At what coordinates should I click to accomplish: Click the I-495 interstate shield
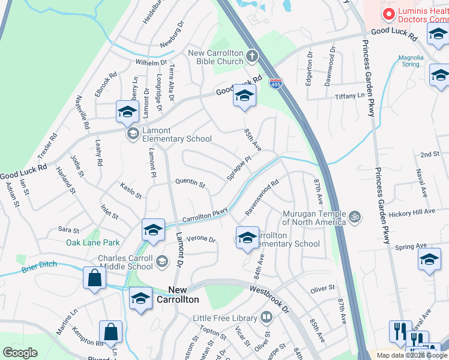click(x=276, y=83)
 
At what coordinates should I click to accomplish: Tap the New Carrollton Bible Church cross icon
click(x=252, y=57)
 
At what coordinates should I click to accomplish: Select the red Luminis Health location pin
click(x=388, y=14)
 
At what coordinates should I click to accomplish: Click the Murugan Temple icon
click(x=355, y=215)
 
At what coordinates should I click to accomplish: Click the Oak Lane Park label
click(x=93, y=242)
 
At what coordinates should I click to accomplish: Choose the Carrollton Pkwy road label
click(x=205, y=215)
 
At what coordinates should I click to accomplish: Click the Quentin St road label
click(x=190, y=182)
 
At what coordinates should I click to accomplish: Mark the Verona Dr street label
click(x=200, y=239)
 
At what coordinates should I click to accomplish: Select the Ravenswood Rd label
click(x=262, y=199)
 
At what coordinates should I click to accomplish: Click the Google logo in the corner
click(x=20, y=353)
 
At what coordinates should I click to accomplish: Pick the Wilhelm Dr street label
click(x=151, y=62)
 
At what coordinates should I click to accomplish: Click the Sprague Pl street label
click(x=239, y=169)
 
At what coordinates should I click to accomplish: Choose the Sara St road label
click(x=68, y=230)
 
